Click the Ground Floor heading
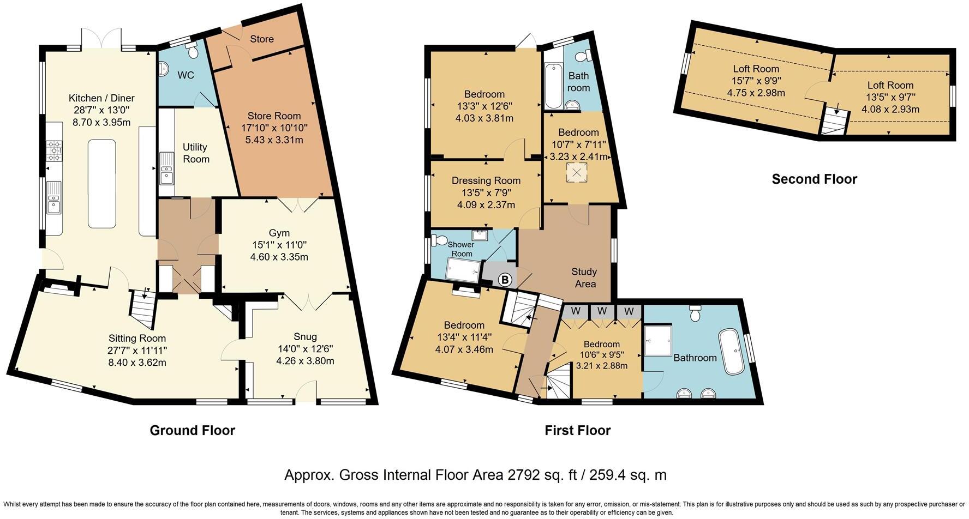point(192,430)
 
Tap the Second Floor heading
point(814,179)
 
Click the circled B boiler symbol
point(505,280)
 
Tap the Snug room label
point(305,336)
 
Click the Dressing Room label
point(486,180)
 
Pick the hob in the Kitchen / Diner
point(55,150)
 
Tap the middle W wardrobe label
point(602,311)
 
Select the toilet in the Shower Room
point(439,240)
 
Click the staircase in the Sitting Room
point(142,309)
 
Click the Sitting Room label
point(137,338)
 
